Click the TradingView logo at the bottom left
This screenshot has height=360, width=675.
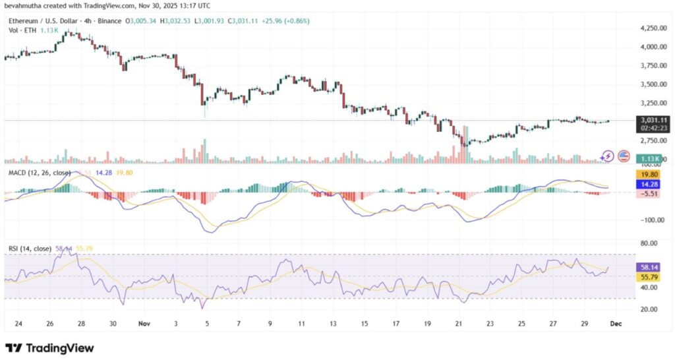(x=49, y=347)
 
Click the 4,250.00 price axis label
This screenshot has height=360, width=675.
(x=652, y=28)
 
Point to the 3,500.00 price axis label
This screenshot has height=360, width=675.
(x=652, y=84)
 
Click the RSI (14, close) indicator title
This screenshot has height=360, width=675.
(x=29, y=248)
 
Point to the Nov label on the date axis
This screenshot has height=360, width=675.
(x=144, y=324)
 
